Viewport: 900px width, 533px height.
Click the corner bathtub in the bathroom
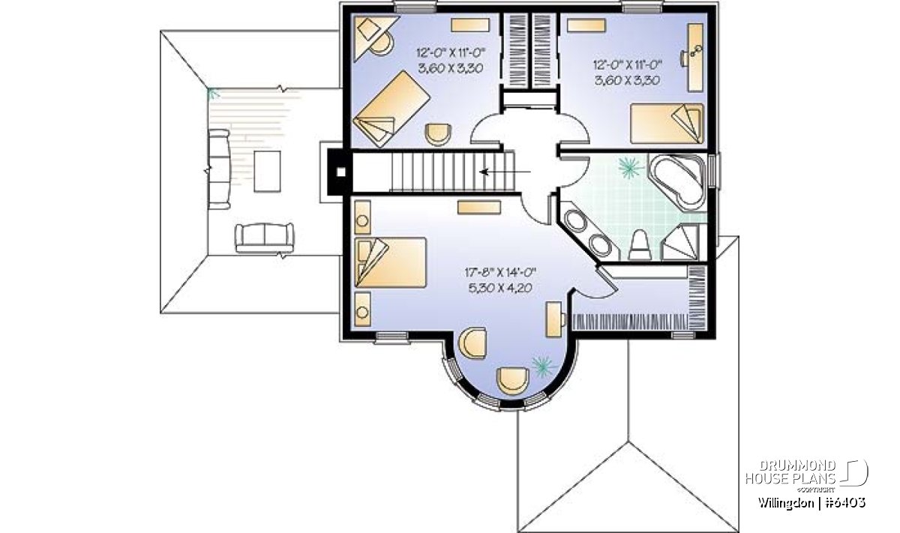[677, 181]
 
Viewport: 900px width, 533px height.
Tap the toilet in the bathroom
[640, 245]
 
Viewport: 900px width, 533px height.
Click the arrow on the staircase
[505, 172]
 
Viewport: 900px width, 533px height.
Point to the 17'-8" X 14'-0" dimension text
[501, 273]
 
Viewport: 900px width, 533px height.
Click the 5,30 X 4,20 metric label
[500, 288]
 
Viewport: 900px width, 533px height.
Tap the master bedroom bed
[391, 262]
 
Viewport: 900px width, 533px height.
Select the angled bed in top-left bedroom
[391, 109]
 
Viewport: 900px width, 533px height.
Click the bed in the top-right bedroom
[667, 123]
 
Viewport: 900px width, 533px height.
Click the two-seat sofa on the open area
[264, 238]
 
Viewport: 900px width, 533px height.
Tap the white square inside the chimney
[340, 172]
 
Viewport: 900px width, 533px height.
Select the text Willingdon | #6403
[811, 503]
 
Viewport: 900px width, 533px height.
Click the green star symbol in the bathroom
[628, 168]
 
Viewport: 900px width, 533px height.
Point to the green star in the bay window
[543, 367]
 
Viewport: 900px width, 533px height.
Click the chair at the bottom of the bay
[513, 380]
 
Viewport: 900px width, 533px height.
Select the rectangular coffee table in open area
[267, 172]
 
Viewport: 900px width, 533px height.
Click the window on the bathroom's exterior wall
[712, 171]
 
